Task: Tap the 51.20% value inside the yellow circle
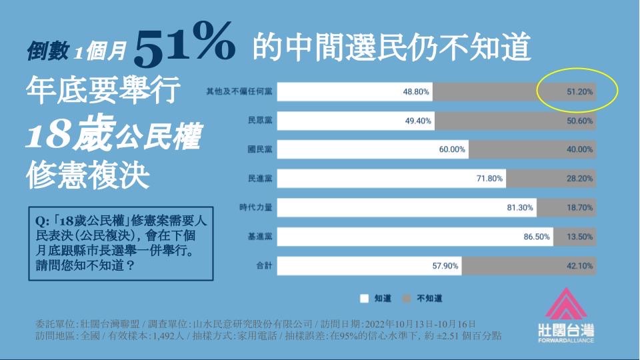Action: pos(580,91)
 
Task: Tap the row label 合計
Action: pos(263,265)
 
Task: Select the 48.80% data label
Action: pos(416,92)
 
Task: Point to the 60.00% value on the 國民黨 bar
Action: pos(452,150)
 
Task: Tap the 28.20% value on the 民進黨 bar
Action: pos(580,179)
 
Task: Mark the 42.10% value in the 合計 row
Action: pos(580,266)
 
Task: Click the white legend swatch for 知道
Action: pos(364,299)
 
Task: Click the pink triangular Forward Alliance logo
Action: pos(565,305)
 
